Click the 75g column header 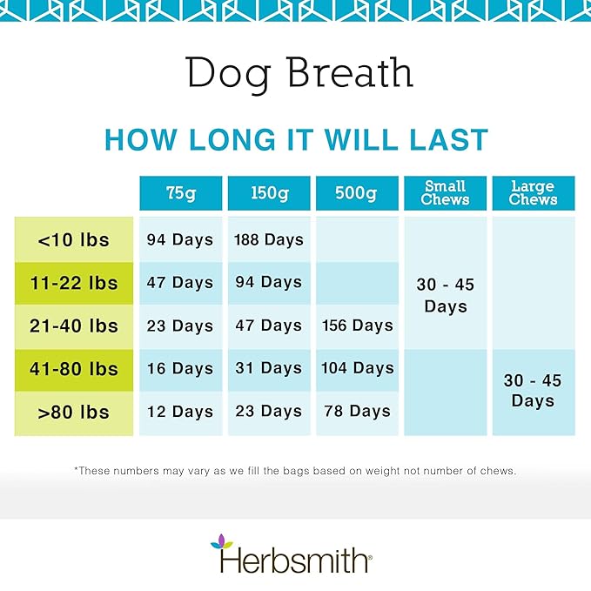pos(180,193)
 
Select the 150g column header pos(269,193)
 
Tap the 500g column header pos(357,193)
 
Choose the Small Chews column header pos(445,192)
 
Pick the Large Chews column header pos(534,192)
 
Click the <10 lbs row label pos(74,239)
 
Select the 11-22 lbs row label pos(74,283)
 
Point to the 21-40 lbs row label pos(74,326)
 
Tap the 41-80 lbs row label pos(74,369)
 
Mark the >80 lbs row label pos(74,412)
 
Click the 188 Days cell pos(269,239)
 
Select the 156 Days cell pos(357,326)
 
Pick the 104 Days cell pos(357,369)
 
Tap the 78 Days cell pos(357,412)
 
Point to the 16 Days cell pos(180,369)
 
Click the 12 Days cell pos(180,412)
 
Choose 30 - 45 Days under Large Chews pos(534,391)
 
